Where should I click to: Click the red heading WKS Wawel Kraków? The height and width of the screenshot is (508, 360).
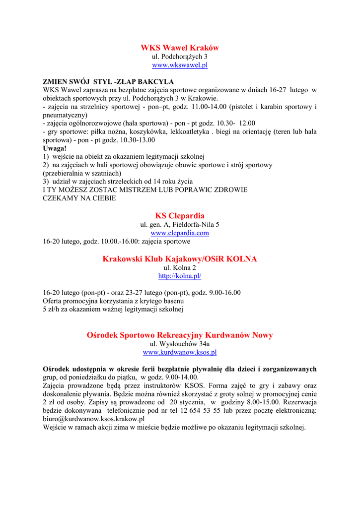[x=180, y=48]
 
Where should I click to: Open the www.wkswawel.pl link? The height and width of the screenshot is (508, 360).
[x=180, y=65]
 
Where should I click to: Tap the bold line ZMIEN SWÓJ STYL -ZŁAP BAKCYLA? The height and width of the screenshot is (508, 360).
[x=108, y=81]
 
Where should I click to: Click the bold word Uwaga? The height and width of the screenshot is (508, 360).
[x=55, y=148]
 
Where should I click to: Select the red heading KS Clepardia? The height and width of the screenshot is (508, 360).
[x=180, y=216]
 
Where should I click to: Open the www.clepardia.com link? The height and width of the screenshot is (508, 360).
[x=180, y=233]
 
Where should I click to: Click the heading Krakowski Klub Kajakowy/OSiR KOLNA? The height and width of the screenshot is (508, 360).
[x=180, y=259]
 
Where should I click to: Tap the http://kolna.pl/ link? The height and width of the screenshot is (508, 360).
[x=180, y=276]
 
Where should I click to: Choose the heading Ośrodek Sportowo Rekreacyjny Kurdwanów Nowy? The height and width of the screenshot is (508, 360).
[x=180, y=335]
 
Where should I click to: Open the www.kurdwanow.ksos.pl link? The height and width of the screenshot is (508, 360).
[x=180, y=352]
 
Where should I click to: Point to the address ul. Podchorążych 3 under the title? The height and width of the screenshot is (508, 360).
[x=180, y=57]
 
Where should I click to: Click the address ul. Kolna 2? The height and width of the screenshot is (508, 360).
[x=180, y=268]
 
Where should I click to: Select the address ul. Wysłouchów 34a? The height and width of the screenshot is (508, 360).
[x=180, y=344]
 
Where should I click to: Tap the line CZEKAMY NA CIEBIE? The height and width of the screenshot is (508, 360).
[x=79, y=198]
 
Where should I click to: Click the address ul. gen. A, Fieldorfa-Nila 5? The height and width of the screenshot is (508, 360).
[x=180, y=225]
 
